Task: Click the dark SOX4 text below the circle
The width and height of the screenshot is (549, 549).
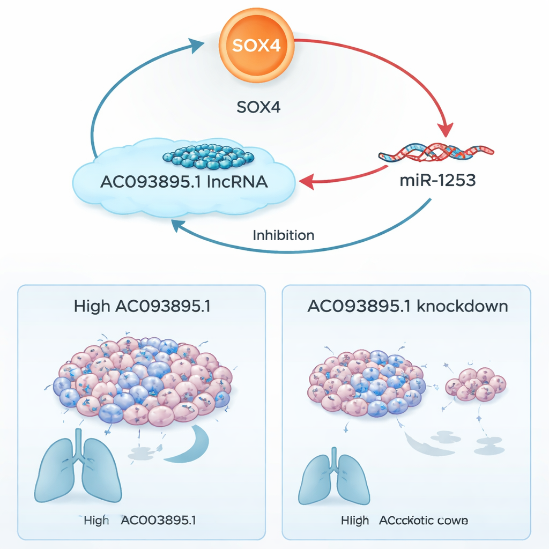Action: coord(258,107)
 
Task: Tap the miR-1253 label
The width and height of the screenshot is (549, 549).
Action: coord(437,180)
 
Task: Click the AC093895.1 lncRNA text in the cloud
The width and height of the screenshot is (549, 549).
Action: coord(184,182)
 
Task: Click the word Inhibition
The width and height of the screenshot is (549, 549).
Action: coord(283,235)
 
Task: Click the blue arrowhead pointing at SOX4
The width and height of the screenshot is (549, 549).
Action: coord(197,43)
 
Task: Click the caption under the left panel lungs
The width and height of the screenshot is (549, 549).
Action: coord(140,520)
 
